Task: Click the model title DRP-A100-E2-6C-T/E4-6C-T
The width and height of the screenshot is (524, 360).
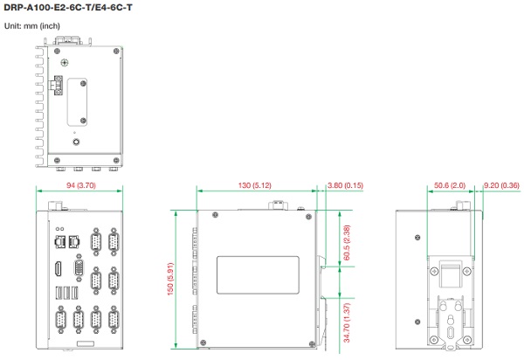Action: pyautogui.click(x=68, y=7)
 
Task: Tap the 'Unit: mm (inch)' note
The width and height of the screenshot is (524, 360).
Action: pyautogui.click(x=32, y=25)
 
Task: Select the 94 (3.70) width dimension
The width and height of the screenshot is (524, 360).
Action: pyautogui.click(x=81, y=185)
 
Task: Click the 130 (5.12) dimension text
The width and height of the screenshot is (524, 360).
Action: pyautogui.click(x=255, y=185)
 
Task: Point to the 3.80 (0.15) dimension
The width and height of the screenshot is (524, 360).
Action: pyautogui.click(x=345, y=185)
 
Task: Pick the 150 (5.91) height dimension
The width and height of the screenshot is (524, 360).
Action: pyautogui.click(x=170, y=279)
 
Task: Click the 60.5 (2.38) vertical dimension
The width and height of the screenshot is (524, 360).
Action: pyautogui.click(x=347, y=243)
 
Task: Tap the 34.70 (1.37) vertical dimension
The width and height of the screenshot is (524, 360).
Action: pyautogui.click(x=347, y=322)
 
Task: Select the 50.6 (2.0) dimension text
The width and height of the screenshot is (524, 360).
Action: pyautogui.click(x=450, y=185)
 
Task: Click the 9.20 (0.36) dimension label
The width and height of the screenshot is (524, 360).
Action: pyautogui.click(x=501, y=185)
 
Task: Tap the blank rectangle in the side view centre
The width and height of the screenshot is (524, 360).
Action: pyautogui.click(x=258, y=275)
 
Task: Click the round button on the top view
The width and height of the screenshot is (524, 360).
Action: pyautogui.click(x=76, y=142)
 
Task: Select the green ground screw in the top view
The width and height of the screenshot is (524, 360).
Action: pyautogui.click(x=65, y=63)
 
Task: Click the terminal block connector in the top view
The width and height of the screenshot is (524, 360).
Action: pyautogui.click(x=57, y=86)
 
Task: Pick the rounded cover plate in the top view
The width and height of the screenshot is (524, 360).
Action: pyautogui.click(x=77, y=102)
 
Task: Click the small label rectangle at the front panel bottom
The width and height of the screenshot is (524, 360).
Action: pyautogui.click(x=86, y=343)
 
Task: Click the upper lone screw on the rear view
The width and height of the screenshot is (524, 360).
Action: pyautogui.click(x=417, y=238)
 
